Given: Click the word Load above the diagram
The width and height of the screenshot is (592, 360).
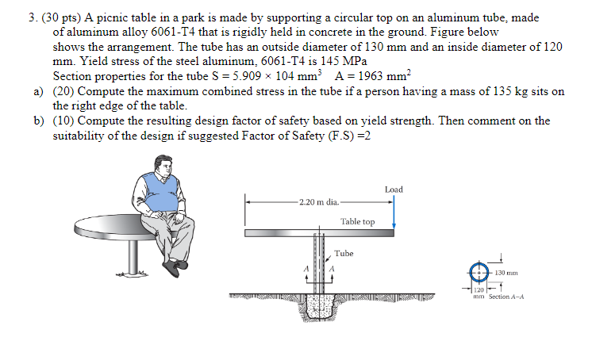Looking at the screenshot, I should pos(394,190).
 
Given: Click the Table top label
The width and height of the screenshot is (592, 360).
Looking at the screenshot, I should pos(357,222).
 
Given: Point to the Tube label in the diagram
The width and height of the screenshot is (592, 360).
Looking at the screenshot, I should pos(344,254).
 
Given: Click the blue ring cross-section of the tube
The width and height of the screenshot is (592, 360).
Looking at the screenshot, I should pos(478,272).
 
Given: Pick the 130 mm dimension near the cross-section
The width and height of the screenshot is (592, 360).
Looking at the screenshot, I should pos(506,272).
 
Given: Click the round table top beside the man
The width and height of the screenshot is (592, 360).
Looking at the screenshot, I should pos(111,221).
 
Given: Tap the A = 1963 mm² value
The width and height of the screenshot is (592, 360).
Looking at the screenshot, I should pos(372,75).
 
